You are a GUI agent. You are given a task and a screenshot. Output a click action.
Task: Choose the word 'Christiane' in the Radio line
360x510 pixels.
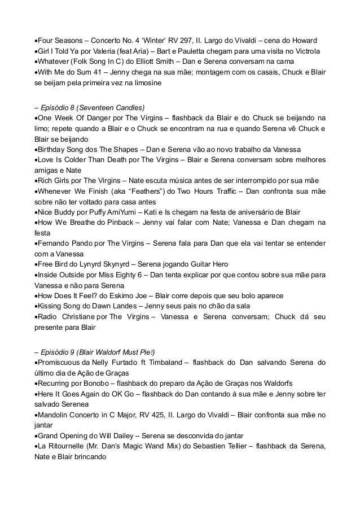coord(76,317)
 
